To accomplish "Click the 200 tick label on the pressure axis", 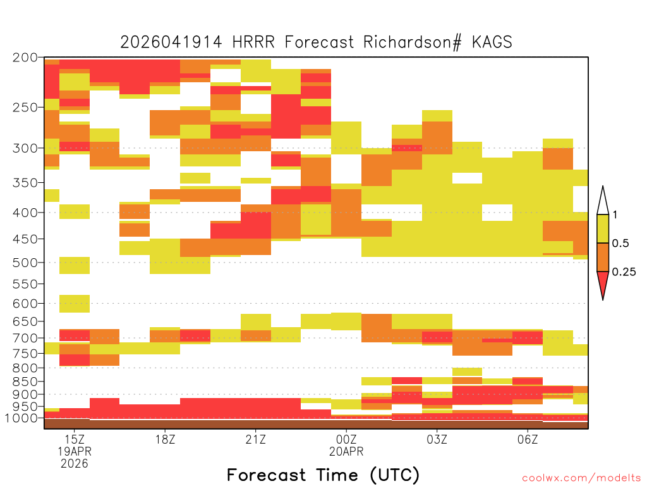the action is coord(25,58).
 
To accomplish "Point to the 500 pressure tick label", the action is coord(25,263).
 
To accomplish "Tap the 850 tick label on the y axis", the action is coord(25,382).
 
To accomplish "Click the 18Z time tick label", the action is coord(165,439).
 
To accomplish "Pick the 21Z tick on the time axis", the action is coord(256,439).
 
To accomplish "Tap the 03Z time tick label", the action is coord(437,439).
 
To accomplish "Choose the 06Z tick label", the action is coord(528,439).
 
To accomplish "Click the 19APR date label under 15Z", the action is coord(75,451).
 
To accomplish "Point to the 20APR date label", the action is coord(346,451).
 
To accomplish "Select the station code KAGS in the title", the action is coord(492,42).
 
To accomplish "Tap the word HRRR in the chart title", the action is coord(253,42).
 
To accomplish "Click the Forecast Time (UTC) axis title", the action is coord(323,475).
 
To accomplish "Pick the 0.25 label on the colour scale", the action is coord(624,272).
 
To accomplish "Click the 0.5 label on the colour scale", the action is coord(620,243).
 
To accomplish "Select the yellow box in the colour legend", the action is coord(603,228).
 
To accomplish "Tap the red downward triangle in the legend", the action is coord(603,283).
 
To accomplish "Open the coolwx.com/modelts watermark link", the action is coord(581,478).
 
